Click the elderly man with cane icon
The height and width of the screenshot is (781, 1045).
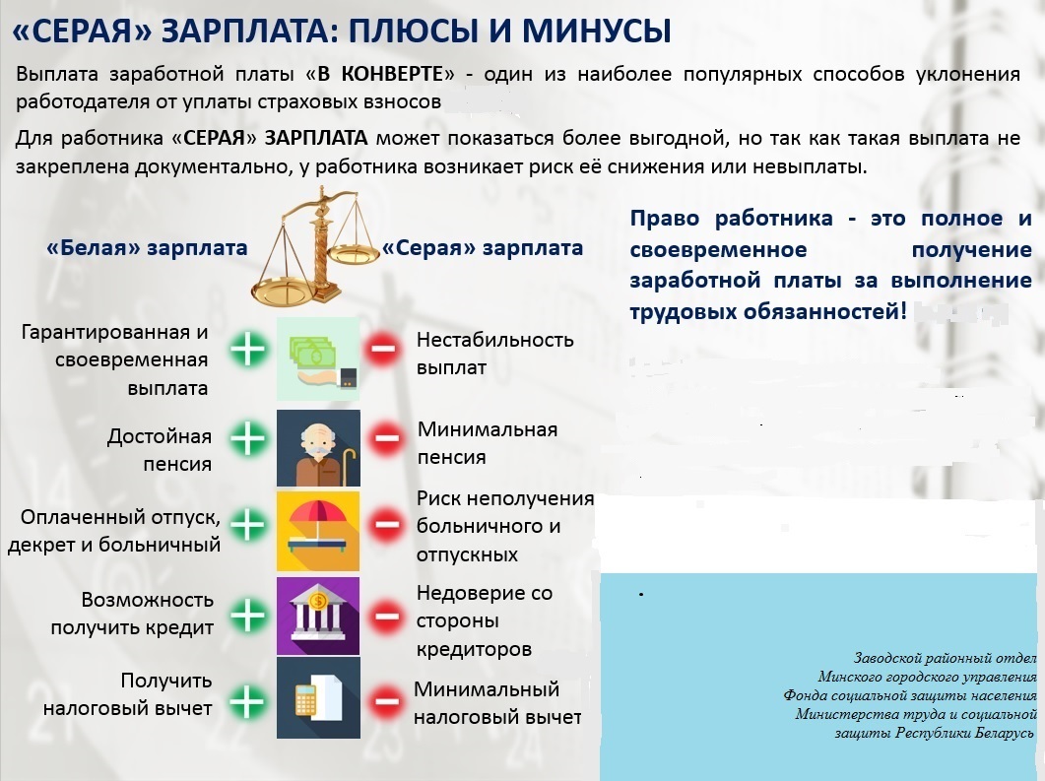318,449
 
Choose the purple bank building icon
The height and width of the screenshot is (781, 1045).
318,616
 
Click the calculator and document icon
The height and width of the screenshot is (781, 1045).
318,697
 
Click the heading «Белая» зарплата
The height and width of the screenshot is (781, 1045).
147,248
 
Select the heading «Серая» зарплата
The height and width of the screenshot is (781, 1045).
483,248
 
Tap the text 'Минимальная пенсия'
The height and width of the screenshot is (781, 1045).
487,443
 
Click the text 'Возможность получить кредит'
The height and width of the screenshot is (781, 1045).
133,614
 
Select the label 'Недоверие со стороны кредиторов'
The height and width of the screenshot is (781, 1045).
484,621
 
